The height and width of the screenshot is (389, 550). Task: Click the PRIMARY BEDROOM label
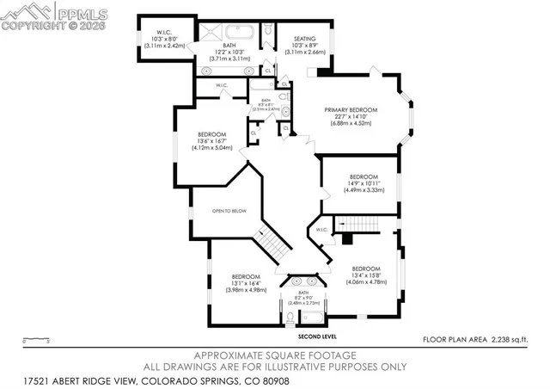(352, 109)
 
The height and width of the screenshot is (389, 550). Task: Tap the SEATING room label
(305, 38)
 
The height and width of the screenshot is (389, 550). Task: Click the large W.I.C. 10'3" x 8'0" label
(159, 38)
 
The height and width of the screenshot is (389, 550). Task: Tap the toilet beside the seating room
(267, 32)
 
